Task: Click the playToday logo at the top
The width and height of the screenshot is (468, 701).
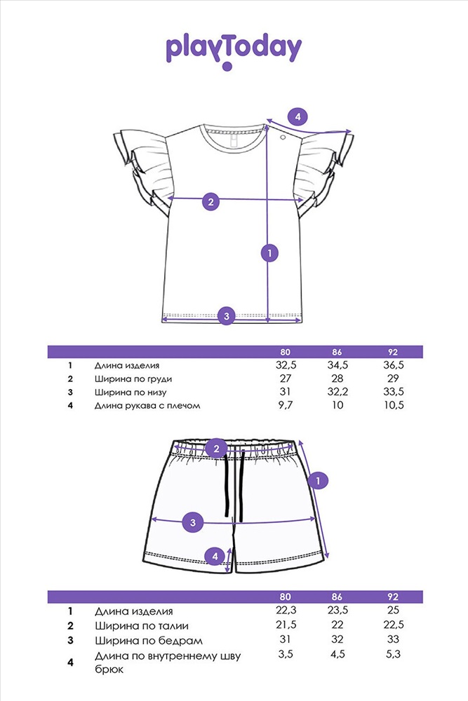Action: [234, 52]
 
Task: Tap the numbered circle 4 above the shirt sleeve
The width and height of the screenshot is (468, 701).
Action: [298, 117]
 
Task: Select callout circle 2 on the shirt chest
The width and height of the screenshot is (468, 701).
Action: [211, 201]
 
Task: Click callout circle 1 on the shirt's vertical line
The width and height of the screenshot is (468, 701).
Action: [269, 253]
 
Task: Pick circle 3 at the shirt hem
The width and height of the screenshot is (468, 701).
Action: [227, 316]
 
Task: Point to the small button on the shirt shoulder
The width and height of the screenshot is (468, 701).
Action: [283, 137]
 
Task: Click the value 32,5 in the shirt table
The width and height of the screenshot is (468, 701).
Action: [286, 365]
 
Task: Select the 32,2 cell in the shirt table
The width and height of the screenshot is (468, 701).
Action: [337, 392]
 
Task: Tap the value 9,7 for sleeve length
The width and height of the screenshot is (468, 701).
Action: [286, 405]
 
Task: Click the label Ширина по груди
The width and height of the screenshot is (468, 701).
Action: [133, 379]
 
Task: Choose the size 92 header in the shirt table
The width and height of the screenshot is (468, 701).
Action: [393, 352]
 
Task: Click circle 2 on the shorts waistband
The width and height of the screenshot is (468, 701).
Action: [217, 449]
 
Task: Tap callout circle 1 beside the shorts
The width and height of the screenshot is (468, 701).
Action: [318, 481]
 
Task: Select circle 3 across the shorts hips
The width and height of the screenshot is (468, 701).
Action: [193, 523]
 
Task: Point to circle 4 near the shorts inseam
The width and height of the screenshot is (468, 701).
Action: [215, 556]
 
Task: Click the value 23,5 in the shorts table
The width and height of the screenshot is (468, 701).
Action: [337, 611]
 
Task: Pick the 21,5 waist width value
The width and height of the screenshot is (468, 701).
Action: [286, 625]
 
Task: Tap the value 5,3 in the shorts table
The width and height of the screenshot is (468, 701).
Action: [393, 654]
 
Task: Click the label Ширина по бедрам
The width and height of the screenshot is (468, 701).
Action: [149, 641]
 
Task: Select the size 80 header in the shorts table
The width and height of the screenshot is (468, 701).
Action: [285, 597]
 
